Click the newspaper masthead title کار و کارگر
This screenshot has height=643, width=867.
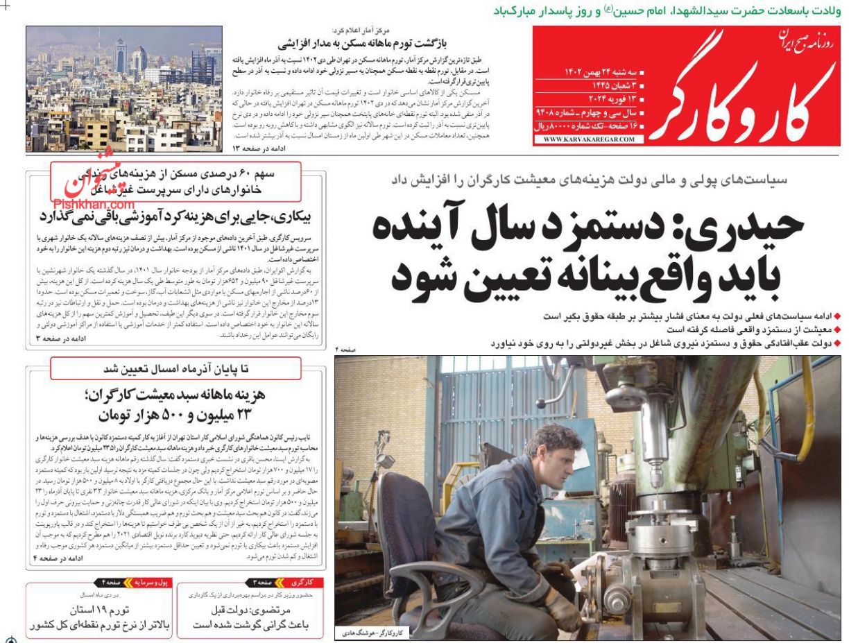742,97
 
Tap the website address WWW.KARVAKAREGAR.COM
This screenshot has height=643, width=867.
589,139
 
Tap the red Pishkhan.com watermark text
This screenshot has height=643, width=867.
94,205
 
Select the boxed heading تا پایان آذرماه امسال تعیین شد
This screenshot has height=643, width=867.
176,368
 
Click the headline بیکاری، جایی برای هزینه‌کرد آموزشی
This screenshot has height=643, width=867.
177,216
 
